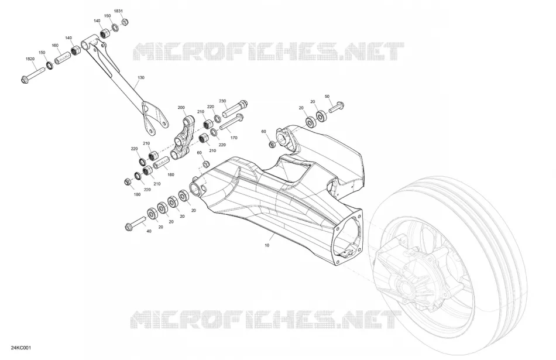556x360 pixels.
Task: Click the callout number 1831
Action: point(118,11)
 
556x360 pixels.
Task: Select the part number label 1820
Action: point(30,59)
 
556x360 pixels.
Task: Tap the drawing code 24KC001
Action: point(21,348)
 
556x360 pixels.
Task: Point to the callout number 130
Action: point(141,77)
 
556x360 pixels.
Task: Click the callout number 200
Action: point(181,107)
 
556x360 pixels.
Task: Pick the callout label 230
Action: point(222,101)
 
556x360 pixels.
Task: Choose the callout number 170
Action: point(234,138)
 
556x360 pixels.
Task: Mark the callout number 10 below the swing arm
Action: point(267,245)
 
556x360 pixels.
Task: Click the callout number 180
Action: point(137,194)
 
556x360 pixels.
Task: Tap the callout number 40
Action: point(149,231)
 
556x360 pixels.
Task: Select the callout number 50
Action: point(327,97)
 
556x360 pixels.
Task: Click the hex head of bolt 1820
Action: point(25,80)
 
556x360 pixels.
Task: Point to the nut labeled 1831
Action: point(125,22)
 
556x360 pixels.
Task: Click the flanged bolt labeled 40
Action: point(135,224)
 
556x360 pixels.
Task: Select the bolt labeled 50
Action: point(337,107)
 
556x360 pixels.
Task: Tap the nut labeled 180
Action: point(128,182)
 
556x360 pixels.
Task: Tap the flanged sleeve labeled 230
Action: point(235,108)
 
